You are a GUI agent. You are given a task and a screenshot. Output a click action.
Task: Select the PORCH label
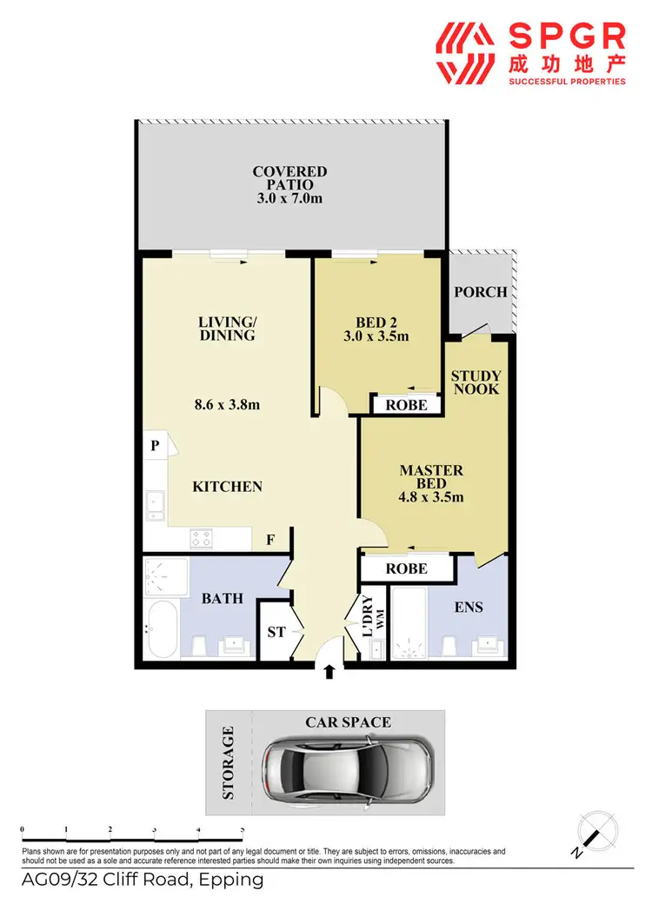point(480,292)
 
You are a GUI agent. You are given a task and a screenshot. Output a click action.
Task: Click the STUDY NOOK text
point(476,382)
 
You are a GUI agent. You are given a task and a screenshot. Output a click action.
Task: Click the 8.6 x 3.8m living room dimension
point(227,404)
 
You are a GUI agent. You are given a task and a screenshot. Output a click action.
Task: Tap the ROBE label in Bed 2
point(406,405)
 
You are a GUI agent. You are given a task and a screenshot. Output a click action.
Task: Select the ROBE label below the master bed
point(406,568)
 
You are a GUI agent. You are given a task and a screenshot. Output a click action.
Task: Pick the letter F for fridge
point(270,540)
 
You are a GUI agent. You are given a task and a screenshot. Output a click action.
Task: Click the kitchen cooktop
point(202,539)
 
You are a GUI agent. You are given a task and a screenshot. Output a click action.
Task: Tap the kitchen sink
point(156,504)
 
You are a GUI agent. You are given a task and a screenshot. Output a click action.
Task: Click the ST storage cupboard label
point(276,632)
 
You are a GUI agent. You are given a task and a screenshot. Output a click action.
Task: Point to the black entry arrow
point(329,672)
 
